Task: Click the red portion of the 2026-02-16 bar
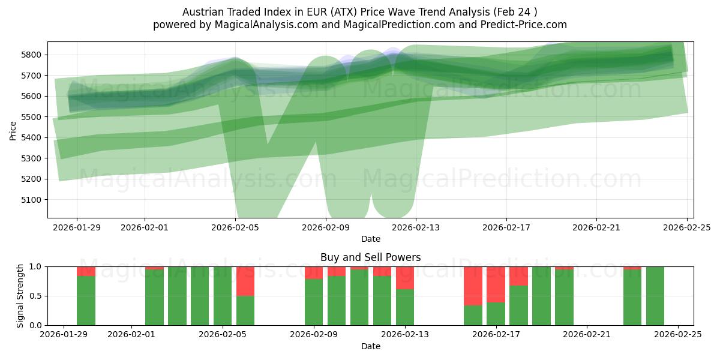[x=473, y=286]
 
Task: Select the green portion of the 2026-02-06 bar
[x=245, y=310]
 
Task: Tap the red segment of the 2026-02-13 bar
[x=405, y=278]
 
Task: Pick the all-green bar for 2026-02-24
[x=655, y=296]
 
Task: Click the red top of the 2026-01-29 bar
[x=86, y=271]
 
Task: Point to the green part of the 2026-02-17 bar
[x=496, y=314]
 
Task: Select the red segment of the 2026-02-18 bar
[x=518, y=276]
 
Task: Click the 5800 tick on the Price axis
[x=34, y=55]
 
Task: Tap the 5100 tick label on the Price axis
[x=34, y=200]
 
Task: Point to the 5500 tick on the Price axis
[x=34, y=117]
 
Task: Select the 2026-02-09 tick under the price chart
[x=325, y=227]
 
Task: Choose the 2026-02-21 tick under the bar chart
[x=587, y=334]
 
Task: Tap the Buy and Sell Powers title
[x=370, y=257]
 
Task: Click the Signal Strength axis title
[x=20, y=295]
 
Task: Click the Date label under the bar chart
[x=370, y=346]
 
